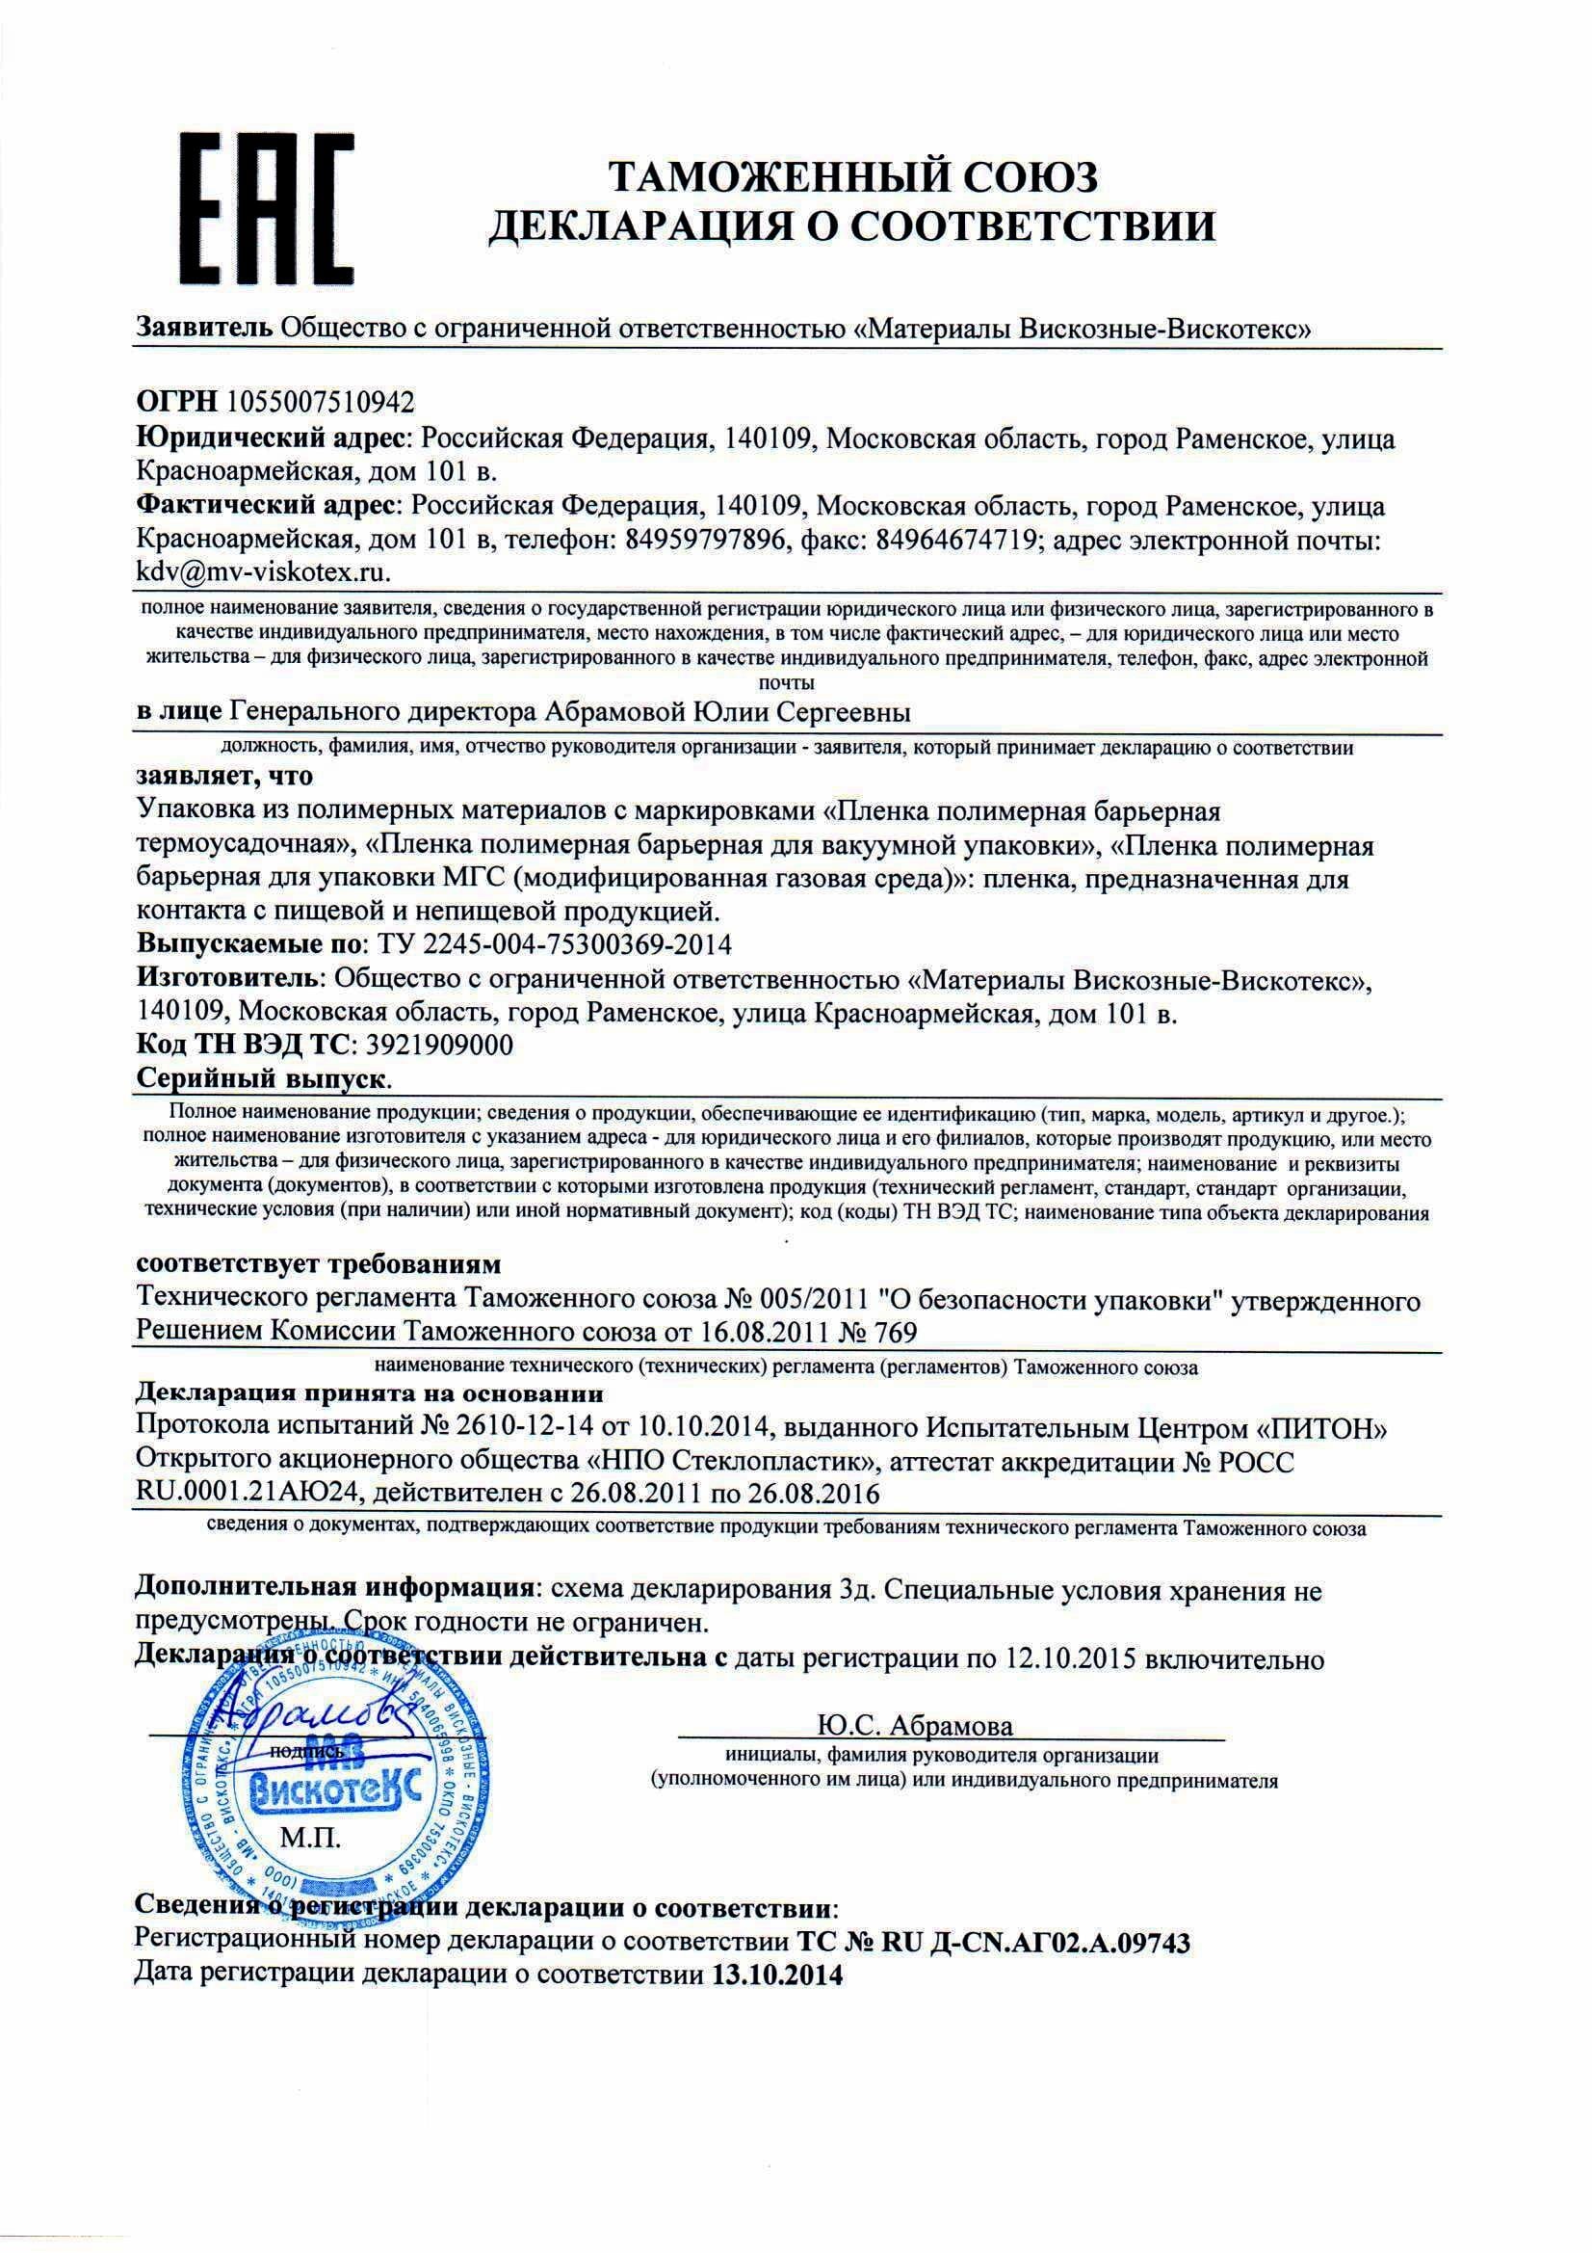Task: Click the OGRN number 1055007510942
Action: pos(321,401)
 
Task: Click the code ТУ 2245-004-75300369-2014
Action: pos(549,945)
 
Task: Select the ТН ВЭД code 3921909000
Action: pos(443,1045)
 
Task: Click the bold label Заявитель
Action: pos(204,328)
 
